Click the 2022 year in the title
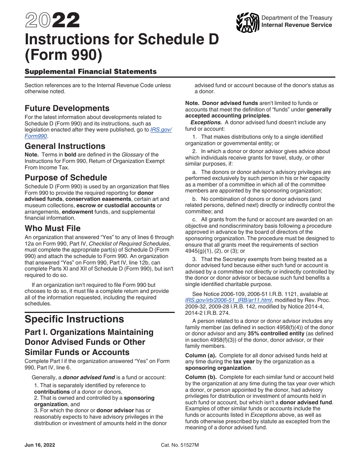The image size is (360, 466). point(52,21)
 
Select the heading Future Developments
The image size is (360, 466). point(67,108)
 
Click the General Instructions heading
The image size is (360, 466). point(65,146)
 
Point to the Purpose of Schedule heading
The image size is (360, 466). point(66,178)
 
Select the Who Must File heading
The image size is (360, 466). point(52,228)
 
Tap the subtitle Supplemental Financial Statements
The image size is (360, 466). point(91,72)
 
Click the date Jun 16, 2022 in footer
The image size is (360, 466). point(40,445)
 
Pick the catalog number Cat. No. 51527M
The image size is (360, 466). point(180,445)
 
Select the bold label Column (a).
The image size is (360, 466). point(200,355)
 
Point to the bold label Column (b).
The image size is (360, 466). point(200,377)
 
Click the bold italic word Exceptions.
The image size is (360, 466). point(206,122)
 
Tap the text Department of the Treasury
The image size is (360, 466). point(297,18)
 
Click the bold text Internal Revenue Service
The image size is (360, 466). point(297,25)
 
